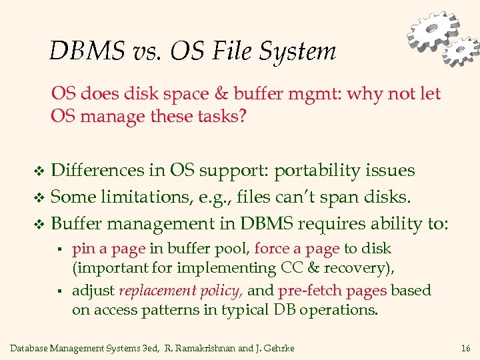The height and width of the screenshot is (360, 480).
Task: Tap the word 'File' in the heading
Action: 237,51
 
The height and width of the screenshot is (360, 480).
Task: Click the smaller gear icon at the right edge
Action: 462,51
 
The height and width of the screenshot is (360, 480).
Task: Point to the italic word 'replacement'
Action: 158,291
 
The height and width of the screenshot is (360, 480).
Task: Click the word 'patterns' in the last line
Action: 167,310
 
